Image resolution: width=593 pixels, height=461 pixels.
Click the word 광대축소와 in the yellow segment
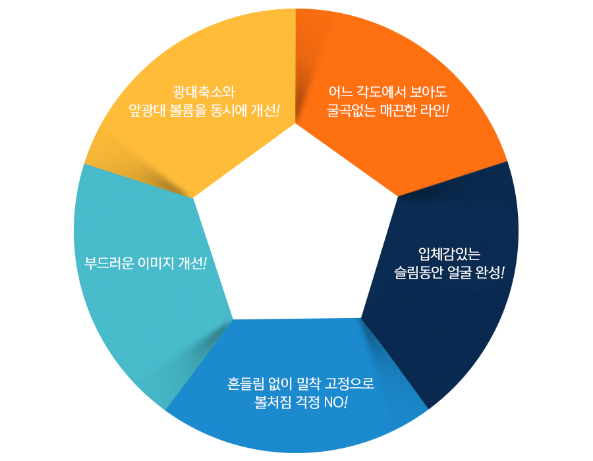[204, 92]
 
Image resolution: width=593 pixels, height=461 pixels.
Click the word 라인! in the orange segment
[435, 111]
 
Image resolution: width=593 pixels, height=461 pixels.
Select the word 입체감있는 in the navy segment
[449, 254]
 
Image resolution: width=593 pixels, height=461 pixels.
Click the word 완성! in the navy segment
[490, 272]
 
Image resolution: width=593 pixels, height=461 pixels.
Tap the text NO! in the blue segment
[336, 402]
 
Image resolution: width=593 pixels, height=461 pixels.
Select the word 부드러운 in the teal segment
[109, 263]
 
